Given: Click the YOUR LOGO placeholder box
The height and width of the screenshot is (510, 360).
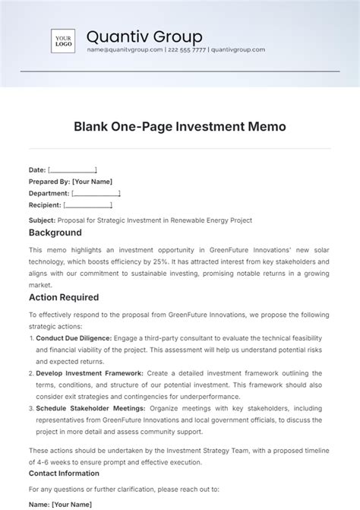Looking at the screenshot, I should [x=63, y=41].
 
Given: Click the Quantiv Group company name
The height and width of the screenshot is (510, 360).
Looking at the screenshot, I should [x=144, y=36].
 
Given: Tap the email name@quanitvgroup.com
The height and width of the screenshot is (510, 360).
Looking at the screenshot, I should [x=125, y=49].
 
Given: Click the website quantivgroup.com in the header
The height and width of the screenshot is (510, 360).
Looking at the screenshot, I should [x=238, y=49].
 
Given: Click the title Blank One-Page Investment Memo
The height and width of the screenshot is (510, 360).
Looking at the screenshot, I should [x=180, y=127].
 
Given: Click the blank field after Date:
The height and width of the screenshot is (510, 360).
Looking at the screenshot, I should [x=72, y=170].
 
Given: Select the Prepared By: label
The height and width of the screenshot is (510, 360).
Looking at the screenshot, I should [x=49, y=182].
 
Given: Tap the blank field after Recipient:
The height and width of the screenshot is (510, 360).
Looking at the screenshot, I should [x=88, y=205].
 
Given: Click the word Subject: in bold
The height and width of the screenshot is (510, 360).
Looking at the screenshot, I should [x=42, y=220].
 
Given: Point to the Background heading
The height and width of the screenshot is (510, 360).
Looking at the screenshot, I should [x=55, y=233].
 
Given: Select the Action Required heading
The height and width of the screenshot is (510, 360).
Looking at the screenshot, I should [x=64, y=297].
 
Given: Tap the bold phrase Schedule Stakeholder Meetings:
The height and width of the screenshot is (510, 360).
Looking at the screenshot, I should [x=87, y=408].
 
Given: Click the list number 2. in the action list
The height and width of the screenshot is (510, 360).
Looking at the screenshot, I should [x=31, y=373].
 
